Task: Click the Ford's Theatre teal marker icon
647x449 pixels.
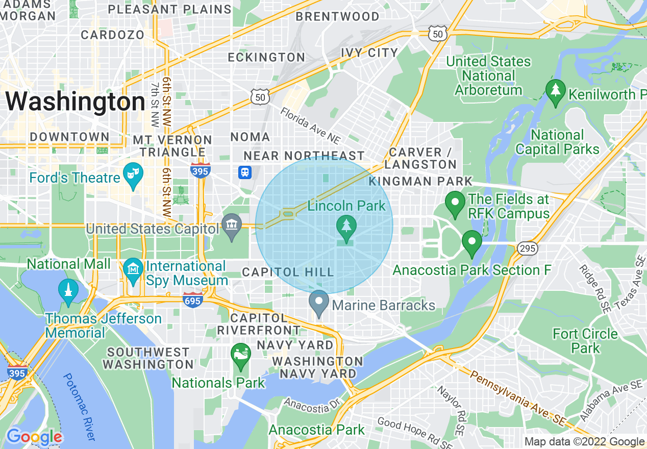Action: [x=133, y=176]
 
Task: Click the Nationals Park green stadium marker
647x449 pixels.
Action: [x=240, y=356]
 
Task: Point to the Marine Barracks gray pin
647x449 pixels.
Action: [x=319, y=303]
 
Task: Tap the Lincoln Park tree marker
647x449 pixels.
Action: [x=346, y=228]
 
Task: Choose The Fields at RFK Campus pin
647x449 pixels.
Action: [x=454, y=204]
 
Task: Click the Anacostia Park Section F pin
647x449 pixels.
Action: [x=472, y=243]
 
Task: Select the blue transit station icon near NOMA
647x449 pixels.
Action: [x=245, y=172]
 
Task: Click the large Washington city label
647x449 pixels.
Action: [x=76, y=102]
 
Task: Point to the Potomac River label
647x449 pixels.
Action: [x=79, y=406]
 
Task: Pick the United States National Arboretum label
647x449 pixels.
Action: [x=488, y=76]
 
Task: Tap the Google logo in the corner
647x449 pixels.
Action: [x=34, y=437]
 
